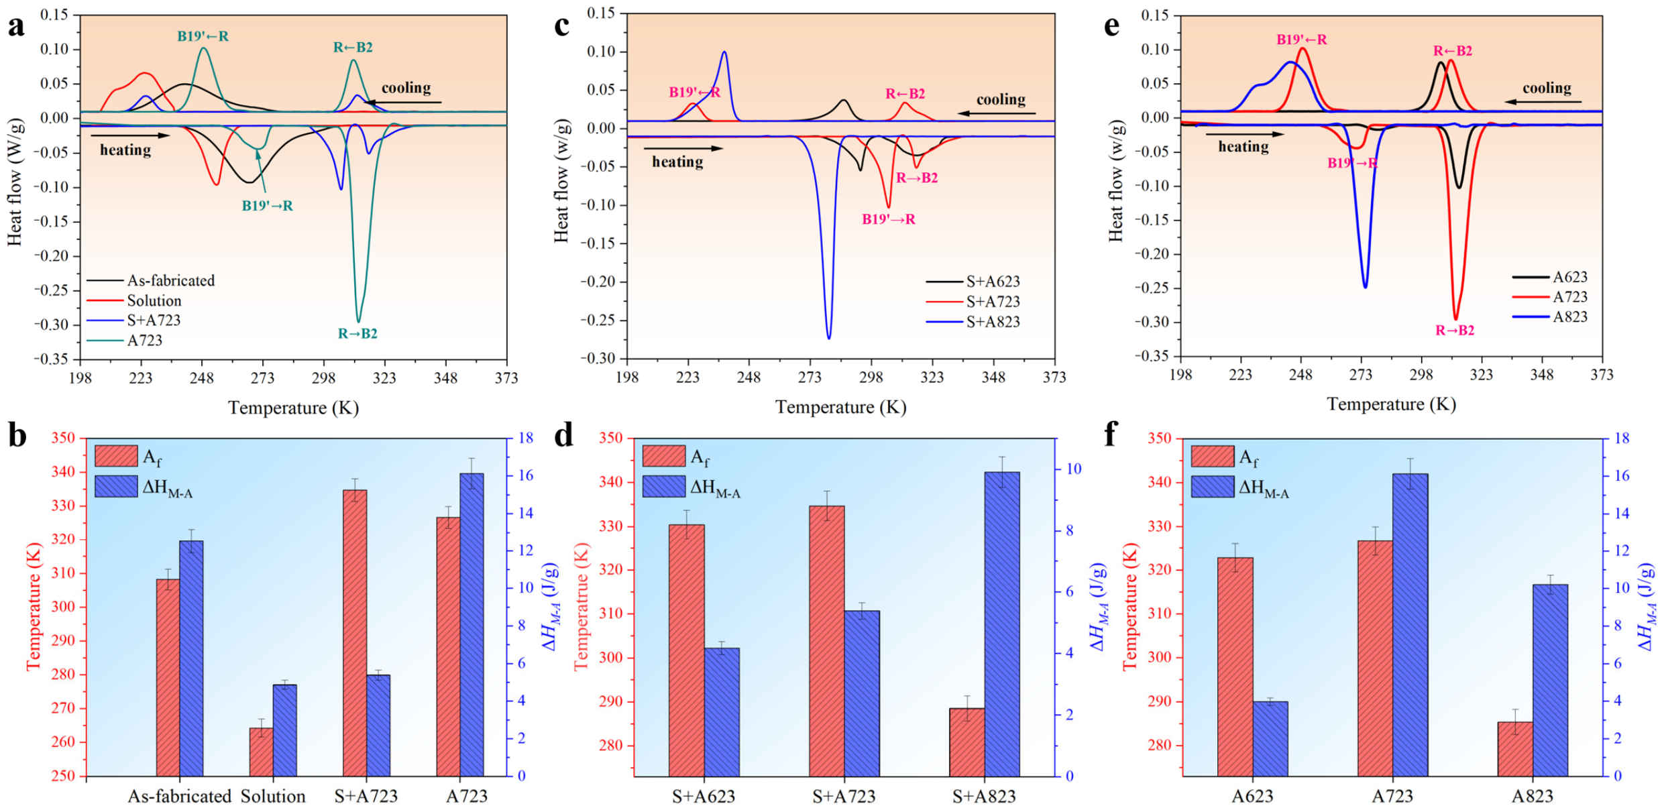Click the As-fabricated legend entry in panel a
pos(151,280)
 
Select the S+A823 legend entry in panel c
pos(973,322)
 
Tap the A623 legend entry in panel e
pos(1550,277)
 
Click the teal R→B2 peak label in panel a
pos(357,333)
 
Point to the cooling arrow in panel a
pos(404,103)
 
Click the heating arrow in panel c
pos(683,148)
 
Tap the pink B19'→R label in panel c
pos(889,219)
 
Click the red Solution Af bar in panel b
pos(262,752)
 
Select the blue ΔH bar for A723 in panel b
pos(472,625)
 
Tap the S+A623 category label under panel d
pos(704,796)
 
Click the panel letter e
pos(1111,25)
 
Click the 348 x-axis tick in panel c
pos(993,378)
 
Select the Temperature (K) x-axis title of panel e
pos(1391,404)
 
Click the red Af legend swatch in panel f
pos(1213,456)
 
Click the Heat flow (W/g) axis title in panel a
pos(15,182)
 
